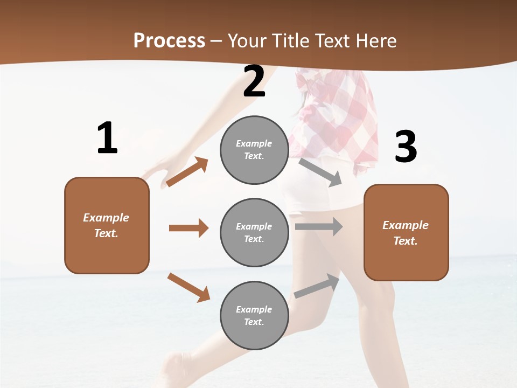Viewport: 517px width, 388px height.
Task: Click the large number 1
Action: pyautogui.click(x=107, y=138)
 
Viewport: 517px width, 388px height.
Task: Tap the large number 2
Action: pyautogui.click(x=254, y=82)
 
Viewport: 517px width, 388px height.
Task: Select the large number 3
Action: pyautogui.click(x=406, y=147)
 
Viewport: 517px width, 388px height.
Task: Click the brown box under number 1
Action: pyautogui.click(x=107, y=225)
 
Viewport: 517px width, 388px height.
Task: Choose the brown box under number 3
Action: pyautogui.click(x=406, y=232)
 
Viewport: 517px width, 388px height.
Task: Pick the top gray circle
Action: pyautogui.click(x=254, y=150)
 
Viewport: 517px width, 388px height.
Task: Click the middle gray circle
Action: pyautogui.click(x=254, y=232)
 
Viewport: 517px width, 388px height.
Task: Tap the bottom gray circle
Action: pyautogui.click(x=254, y=315)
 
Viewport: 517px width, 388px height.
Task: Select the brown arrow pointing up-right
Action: pyautogui.click(x=187, y=171)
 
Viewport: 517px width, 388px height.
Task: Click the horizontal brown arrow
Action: pyautogui.click(x=188, y=228)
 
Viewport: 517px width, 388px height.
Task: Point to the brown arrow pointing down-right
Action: pyautogui.click(x=188, y=287)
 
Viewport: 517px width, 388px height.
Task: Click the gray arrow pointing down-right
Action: pyautogui.click(x=320, y=172)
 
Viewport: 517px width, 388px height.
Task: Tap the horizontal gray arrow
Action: pyautogui.click(x=319, y=227)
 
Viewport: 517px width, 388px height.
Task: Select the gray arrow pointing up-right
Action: pyautogui.click(x=317, y=286)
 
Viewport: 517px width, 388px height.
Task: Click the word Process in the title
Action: pyautogui.click(x=169, y=40)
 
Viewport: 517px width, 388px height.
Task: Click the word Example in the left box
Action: pyautogui.click(x=106, y=218)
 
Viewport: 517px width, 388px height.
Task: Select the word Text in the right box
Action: pyautogui.click(x=406, y=241)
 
